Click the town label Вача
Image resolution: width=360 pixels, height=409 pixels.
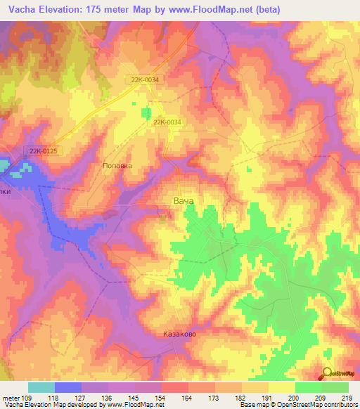tap(183, 200)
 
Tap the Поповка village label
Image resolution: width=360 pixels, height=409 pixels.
tap(117, 166)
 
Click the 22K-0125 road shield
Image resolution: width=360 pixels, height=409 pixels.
tap(43, 151)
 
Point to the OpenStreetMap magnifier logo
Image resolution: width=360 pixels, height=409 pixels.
tap(327, 373)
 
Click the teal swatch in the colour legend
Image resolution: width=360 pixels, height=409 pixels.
tap(41, 387)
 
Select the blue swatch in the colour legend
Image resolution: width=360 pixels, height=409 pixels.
tap(68, 387)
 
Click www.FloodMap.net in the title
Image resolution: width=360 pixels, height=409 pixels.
tap(224, 9)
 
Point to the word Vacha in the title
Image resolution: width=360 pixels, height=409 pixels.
tap(20, 9)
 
